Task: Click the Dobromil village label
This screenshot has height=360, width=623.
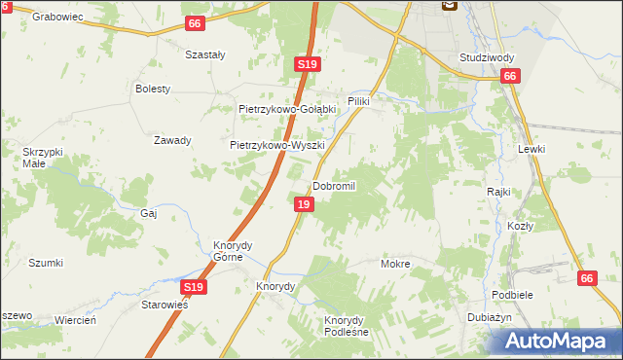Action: [x=335, y=186]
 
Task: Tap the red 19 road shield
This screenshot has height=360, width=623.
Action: [x=305, y=204]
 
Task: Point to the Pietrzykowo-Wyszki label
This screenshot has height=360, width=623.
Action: [x=275, y=144]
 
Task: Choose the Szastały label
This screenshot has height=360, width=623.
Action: [x=205, y=55]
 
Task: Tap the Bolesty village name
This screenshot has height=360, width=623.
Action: [x=153, y=89]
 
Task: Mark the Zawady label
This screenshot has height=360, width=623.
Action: [x=172, y=140]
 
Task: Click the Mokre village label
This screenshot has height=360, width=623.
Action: [x=395, y=264]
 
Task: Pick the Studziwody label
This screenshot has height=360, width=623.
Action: [x=487, y=57]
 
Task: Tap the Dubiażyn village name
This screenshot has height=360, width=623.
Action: [x=495, y=318]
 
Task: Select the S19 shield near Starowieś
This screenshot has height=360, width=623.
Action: [x=193, y=287]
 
